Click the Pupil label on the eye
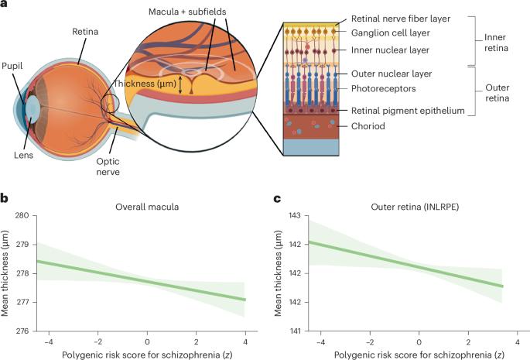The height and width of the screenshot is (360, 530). click(12, 67)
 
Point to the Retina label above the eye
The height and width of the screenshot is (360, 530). click(85, 33)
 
